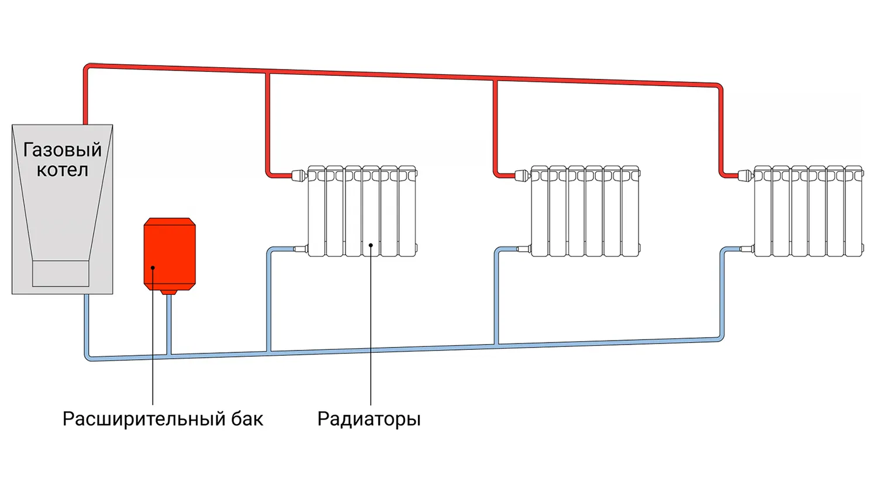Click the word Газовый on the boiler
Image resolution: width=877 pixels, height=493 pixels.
click(63, 150)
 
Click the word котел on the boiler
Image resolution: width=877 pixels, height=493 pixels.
click(63, 170)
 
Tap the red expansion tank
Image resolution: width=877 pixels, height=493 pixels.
click(170, 254)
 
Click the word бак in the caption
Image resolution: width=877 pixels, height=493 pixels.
click(247, 419)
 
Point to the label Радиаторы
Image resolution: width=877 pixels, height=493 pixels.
click(369, 419)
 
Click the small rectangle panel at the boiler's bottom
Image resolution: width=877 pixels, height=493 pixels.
click(61, 273)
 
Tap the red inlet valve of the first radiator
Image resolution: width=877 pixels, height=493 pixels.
click(299, 174)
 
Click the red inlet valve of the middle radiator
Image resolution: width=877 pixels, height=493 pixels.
click(522, 174)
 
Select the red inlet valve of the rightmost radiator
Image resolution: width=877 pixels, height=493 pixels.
click(745, 174)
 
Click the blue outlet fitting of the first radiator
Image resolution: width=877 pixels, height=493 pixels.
click(301, 249)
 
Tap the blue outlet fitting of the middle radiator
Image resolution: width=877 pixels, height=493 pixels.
click(524, 249)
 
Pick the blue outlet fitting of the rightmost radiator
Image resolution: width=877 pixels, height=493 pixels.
click(747, 249)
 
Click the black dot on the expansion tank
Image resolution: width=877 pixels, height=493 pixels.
click(153, 268)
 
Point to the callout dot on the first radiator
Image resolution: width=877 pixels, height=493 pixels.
click(371, 246)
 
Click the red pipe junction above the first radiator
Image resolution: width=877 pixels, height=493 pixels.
click(268, 72)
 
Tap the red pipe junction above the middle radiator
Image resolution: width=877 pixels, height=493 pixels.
click(495, 79)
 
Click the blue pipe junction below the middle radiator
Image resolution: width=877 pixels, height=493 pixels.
click(497, 346)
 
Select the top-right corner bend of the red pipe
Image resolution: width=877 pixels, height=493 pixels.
click(719, 88)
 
